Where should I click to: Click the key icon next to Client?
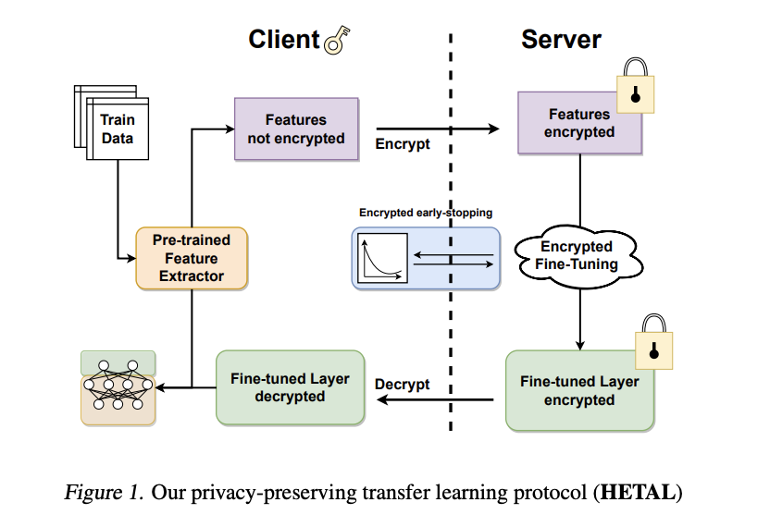[339, 40]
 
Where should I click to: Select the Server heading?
[561, 39]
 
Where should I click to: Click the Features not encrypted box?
[295, 129]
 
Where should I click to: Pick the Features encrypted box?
[579, 124]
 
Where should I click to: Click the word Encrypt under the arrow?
[403, 144]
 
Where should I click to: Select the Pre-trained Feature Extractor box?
[192, 258]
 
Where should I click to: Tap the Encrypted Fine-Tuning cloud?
[577, 255]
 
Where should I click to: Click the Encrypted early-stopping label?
[426, 213]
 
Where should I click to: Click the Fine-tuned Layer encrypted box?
[579, 390]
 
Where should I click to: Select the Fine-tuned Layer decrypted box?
[290, 386]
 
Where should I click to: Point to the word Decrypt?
[403, 384]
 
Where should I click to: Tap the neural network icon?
[118, 387]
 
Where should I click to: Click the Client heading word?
[282, 39]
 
